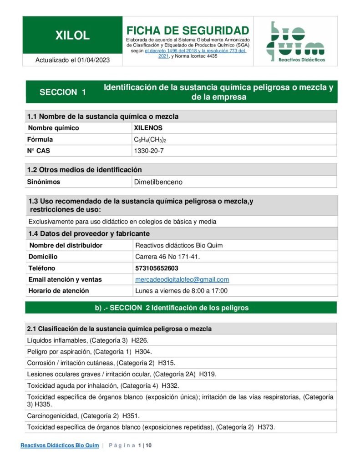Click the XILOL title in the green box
pyautogui.click(x=72, y=35)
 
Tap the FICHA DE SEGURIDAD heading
pyautogui.click(x=188, y=30)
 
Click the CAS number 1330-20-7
pyautogui.click(x=148, y=151)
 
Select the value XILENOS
pyautogui.click(x=148, y=128)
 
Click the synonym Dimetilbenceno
pyautogui.click(x=158, y=182)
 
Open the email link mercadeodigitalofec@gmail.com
pyautogui.click(x=182, y=279)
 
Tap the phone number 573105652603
pyautogui.click(x=157, y=268)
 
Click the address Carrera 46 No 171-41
pyautogui.click(x=167, y=257)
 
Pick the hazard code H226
pyautogui.click(x=140, y=340)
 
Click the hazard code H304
pyautogui.click(x=143, y=351)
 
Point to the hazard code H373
pyautogui.click(x=266, y=427)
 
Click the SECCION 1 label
pyautogui.click(x=63, y=92)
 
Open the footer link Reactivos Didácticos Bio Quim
pyautogui.click(x=60, y=445)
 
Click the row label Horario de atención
pyautogui.click(x=59, y=291)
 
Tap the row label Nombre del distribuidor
pyautogui.click(x=66, y=245)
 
